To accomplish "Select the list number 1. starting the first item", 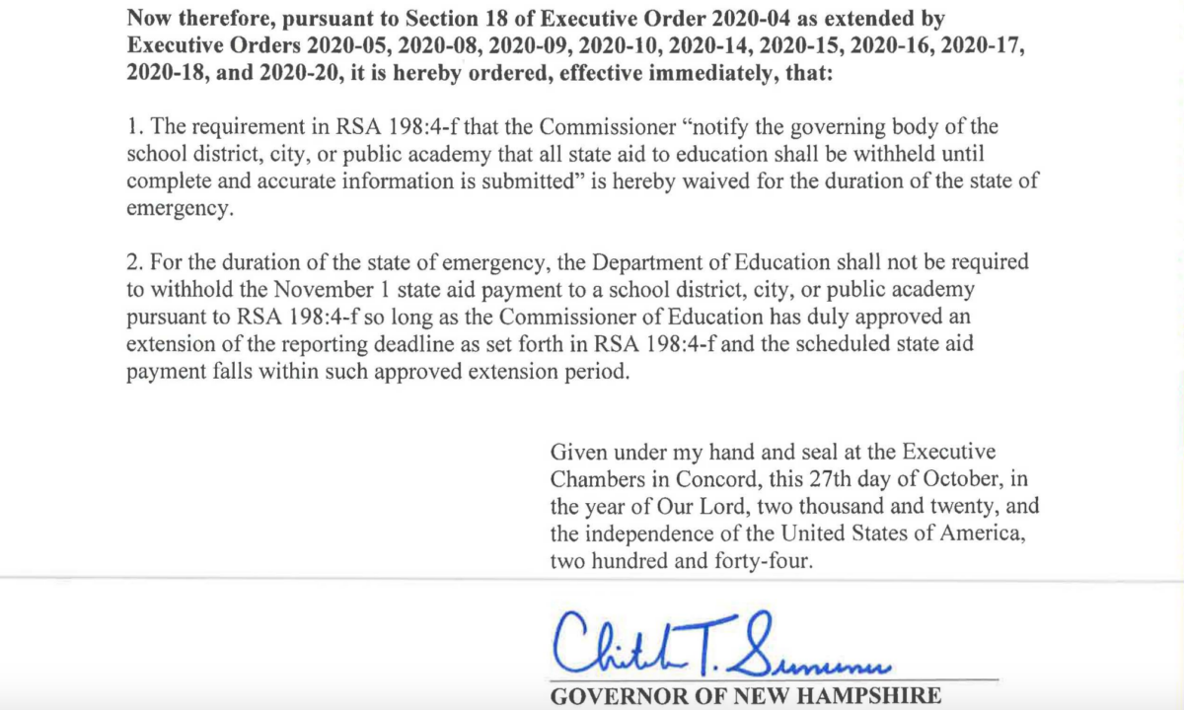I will [x=134, y=128].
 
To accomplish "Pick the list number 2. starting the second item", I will [x=135, y=263].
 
